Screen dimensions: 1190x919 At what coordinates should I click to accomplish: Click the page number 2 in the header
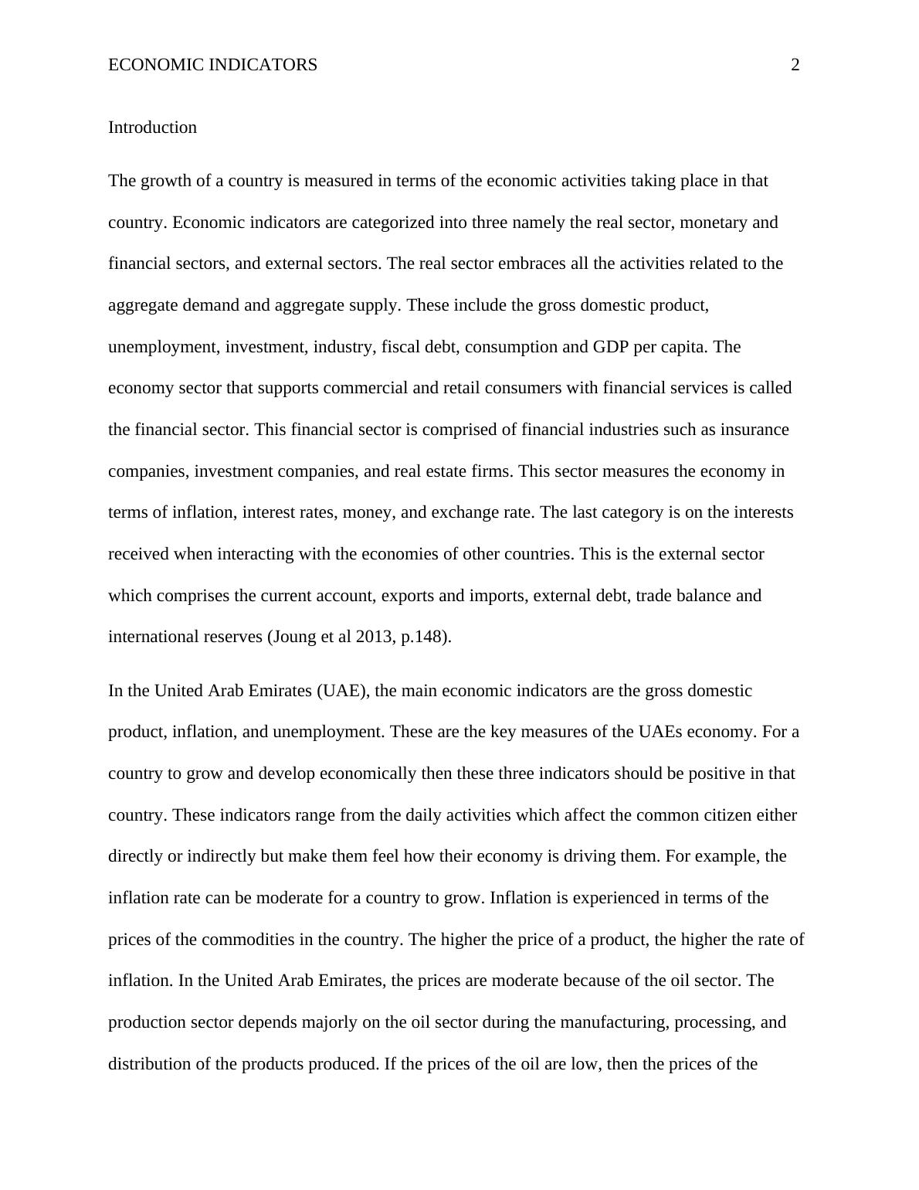pos(795,65)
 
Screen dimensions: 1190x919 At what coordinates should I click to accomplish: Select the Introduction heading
pos(152,127)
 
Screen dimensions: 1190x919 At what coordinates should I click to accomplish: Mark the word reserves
pos(232,637)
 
